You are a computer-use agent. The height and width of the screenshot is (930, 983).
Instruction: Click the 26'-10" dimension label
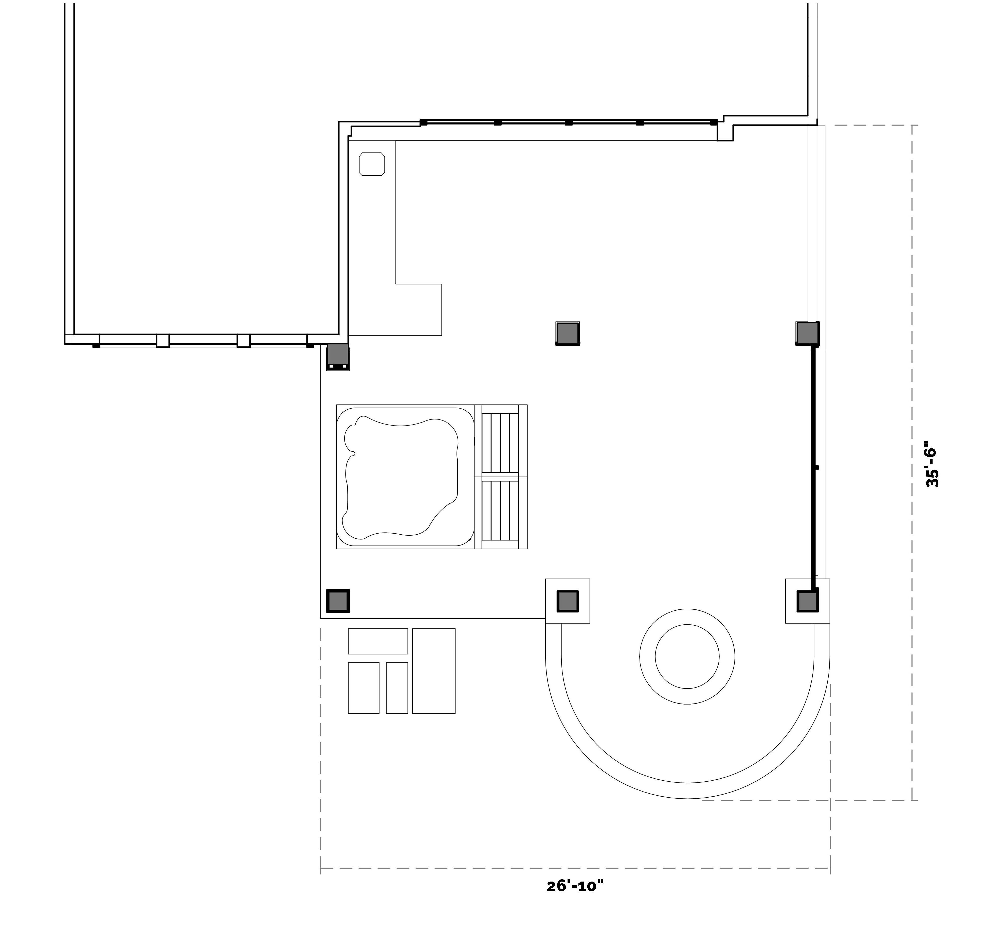(575, 886)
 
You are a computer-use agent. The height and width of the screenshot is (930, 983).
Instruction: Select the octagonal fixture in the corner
(372, 164)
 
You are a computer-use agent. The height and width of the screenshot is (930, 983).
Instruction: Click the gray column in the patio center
(567, 334)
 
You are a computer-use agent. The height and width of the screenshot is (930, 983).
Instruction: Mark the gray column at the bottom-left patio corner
(338, 601)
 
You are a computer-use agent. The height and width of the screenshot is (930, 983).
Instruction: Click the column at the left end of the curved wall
(567, 601)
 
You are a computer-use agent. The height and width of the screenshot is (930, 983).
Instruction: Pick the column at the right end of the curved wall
(807, 601)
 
